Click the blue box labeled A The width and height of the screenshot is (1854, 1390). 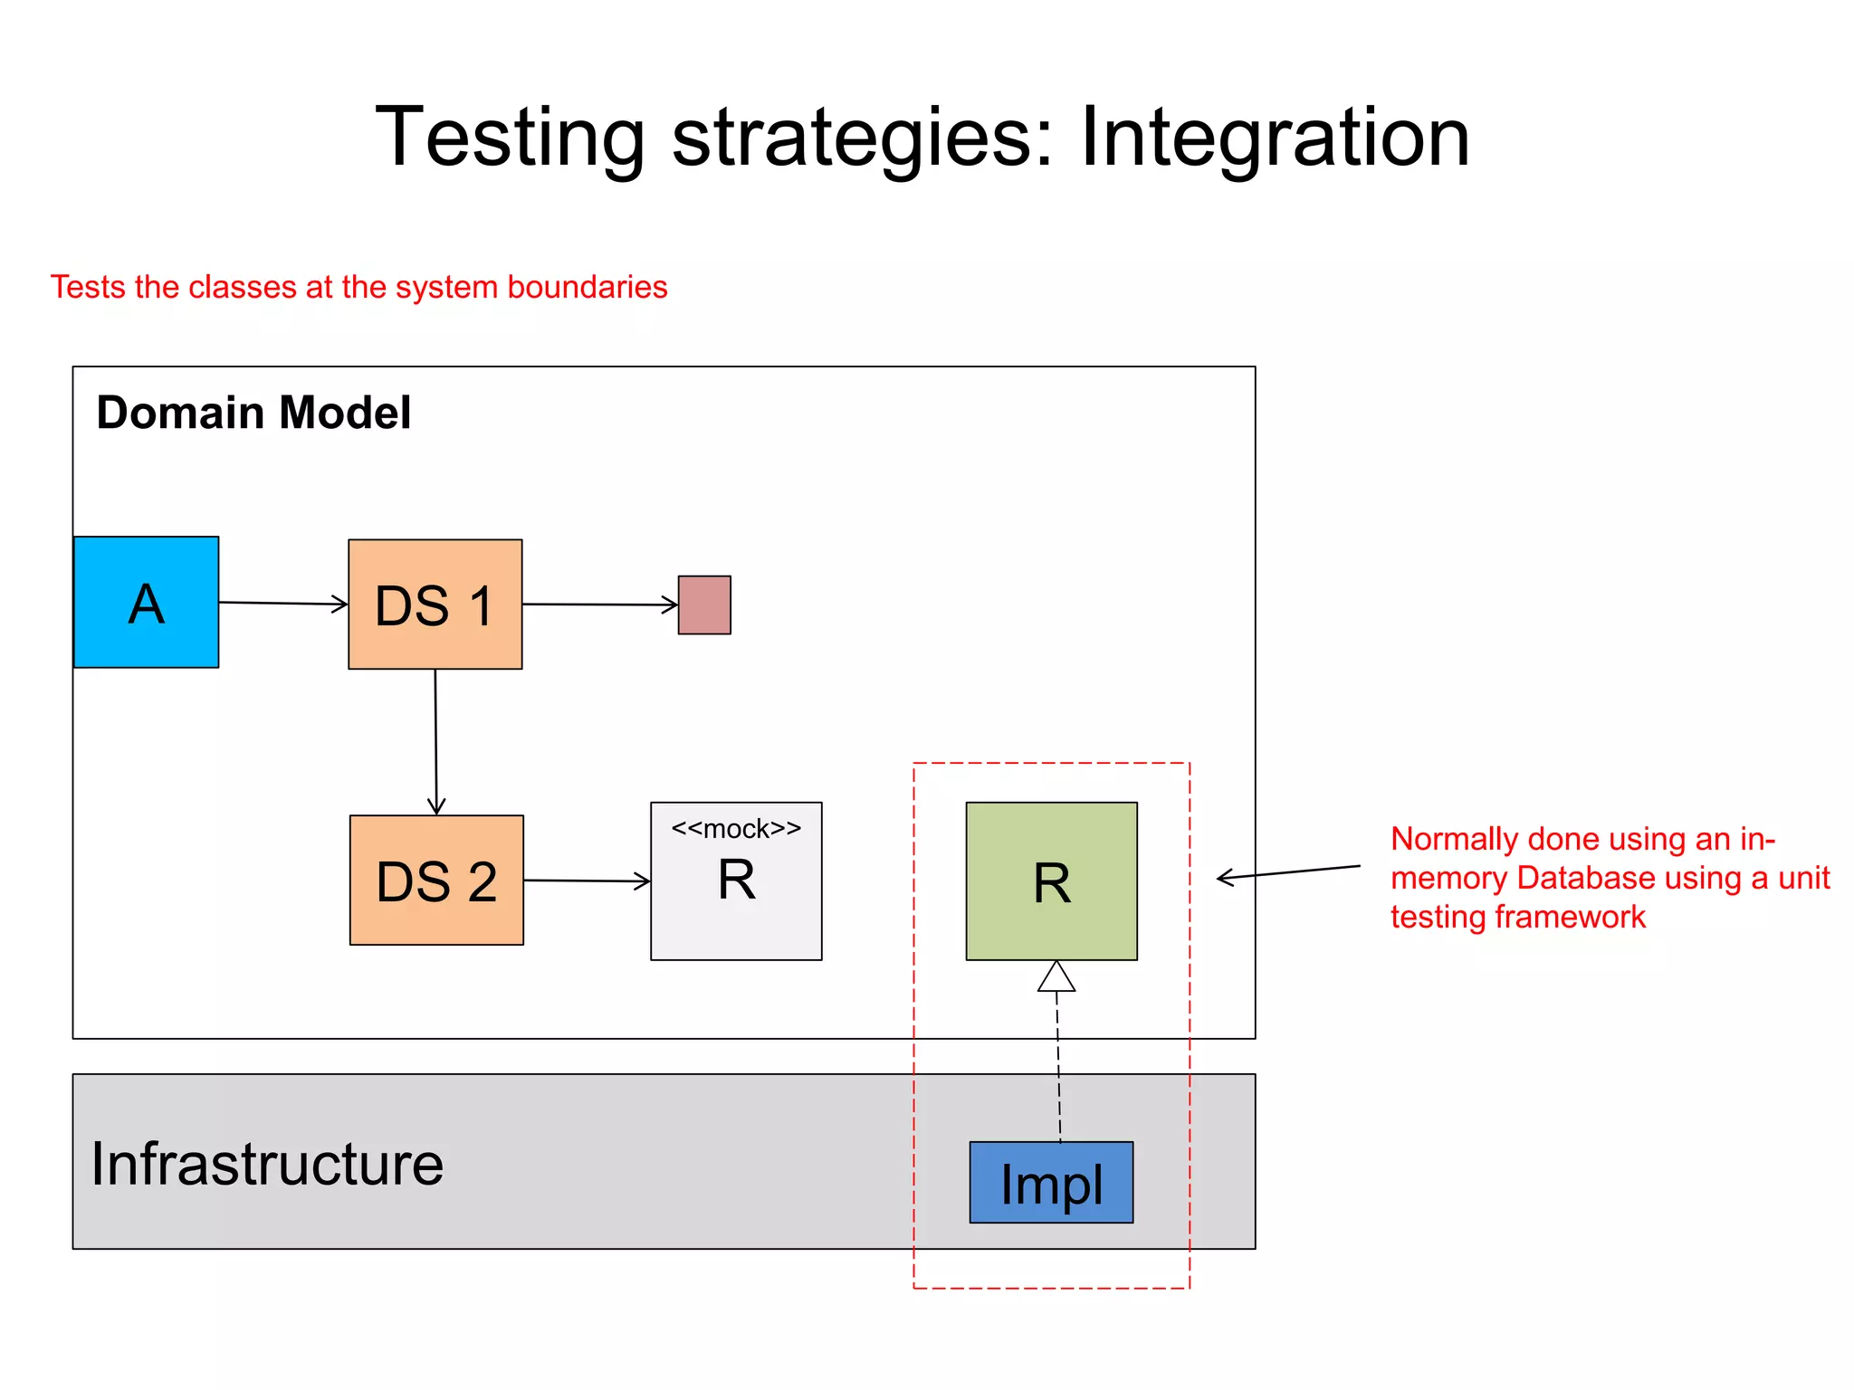point(146,603)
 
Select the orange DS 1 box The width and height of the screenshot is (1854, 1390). point(435,605)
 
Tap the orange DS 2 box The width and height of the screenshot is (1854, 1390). point(436,881)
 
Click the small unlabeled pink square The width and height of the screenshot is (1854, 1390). point(704,605)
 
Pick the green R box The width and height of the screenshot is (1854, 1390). point(1051,881)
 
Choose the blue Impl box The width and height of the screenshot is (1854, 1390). point(1051,1182)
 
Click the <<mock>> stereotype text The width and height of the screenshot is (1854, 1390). point(736,829)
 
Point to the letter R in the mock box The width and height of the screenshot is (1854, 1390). point(736,880)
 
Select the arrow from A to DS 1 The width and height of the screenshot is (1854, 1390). point(282,603)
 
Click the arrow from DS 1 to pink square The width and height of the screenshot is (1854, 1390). point(599,605)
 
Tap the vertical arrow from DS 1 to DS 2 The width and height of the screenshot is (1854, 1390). point(435,742)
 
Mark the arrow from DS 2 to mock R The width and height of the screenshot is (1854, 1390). point(587,881)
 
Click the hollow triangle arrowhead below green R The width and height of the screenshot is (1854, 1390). point(1056,977)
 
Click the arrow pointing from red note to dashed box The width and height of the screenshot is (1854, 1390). point(1288,872)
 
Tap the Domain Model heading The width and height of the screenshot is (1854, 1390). point(253,413)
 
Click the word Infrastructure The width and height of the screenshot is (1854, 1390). point(267,1164)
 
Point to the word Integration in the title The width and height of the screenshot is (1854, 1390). point(1275,137)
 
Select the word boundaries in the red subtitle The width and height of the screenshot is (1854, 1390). point(587,287)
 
